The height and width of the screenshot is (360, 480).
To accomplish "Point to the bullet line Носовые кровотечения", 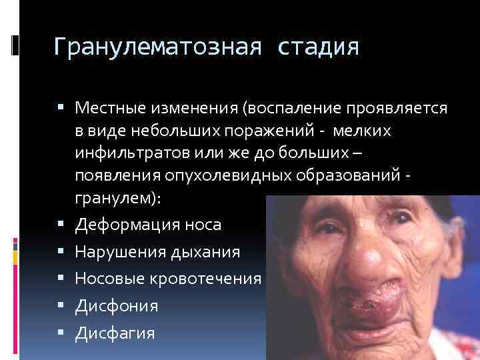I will click(x=168, y=279).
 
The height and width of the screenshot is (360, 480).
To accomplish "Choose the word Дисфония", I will click(x=117, y=306).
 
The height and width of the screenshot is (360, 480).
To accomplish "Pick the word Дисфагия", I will click(x=115, y=333).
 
